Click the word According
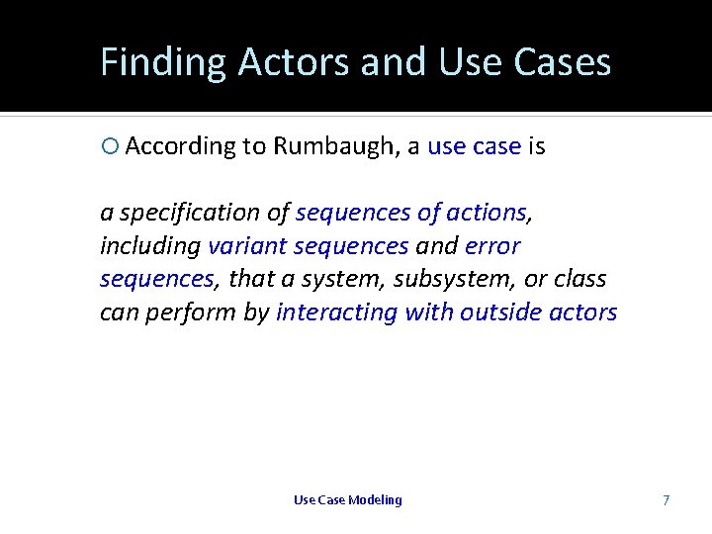181,147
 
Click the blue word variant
244,246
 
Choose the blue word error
492,246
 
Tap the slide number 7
666,500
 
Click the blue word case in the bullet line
496,147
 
